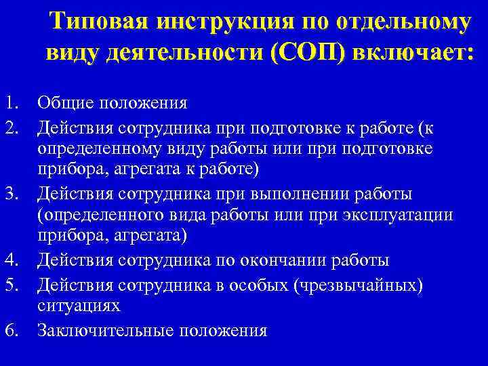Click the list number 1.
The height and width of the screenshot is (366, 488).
tap(9, 103)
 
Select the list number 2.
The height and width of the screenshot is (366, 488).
tap(9, 127)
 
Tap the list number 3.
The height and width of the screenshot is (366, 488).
tap(9, 195)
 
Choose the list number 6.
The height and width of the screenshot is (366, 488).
tap(9, 331)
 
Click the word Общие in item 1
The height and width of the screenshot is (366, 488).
tap(66, 103)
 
